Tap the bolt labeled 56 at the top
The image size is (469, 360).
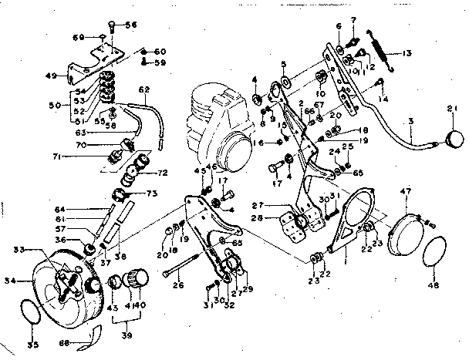coord(113,25)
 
